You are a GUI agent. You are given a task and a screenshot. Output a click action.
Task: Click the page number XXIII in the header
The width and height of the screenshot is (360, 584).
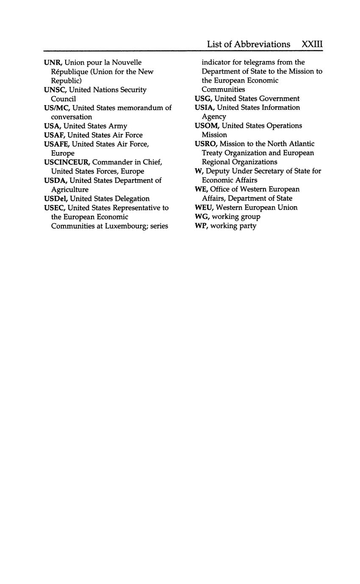coord(312,44)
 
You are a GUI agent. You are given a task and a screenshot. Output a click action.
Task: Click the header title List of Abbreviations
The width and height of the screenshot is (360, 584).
coord(249,44)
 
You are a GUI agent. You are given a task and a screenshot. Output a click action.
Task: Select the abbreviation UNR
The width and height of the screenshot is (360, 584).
coord(53,63)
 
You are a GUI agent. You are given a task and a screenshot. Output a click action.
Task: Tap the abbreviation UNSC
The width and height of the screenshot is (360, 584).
coord(55,90)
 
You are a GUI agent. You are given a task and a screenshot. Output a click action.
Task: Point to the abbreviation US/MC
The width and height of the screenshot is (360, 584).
coord(56,108)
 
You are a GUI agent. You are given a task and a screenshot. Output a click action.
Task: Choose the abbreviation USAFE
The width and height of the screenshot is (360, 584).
coord(56,144)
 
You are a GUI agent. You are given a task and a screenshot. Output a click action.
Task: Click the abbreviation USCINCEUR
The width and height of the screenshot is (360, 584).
coord(66,162)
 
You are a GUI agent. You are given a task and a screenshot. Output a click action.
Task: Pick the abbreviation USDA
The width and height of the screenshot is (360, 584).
coord(55,180)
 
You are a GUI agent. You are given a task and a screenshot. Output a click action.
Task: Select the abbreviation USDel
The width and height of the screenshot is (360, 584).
coord(55,199)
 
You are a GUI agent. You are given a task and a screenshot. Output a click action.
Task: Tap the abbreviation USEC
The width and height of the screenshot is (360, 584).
coord(54,208)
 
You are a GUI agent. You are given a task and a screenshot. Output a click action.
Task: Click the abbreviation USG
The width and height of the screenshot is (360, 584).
coord(203,99)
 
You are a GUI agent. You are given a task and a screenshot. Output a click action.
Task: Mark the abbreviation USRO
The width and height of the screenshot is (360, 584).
coord(205,144)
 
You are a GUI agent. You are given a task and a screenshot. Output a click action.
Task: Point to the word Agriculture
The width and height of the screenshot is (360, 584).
coord(70,190)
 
